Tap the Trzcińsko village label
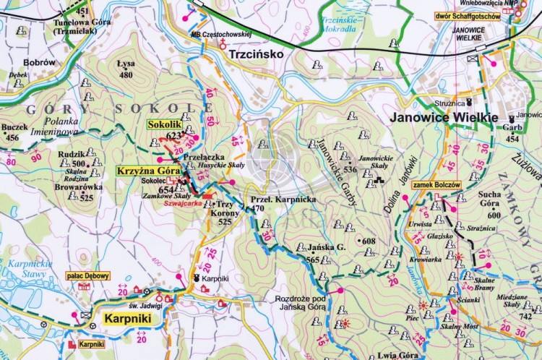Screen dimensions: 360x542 click(x=253, y=54)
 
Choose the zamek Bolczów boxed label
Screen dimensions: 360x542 click(x=436, y=185)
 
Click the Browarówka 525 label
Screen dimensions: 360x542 click(x=79, y=192)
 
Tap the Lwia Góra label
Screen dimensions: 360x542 click(x=397, y=355)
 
